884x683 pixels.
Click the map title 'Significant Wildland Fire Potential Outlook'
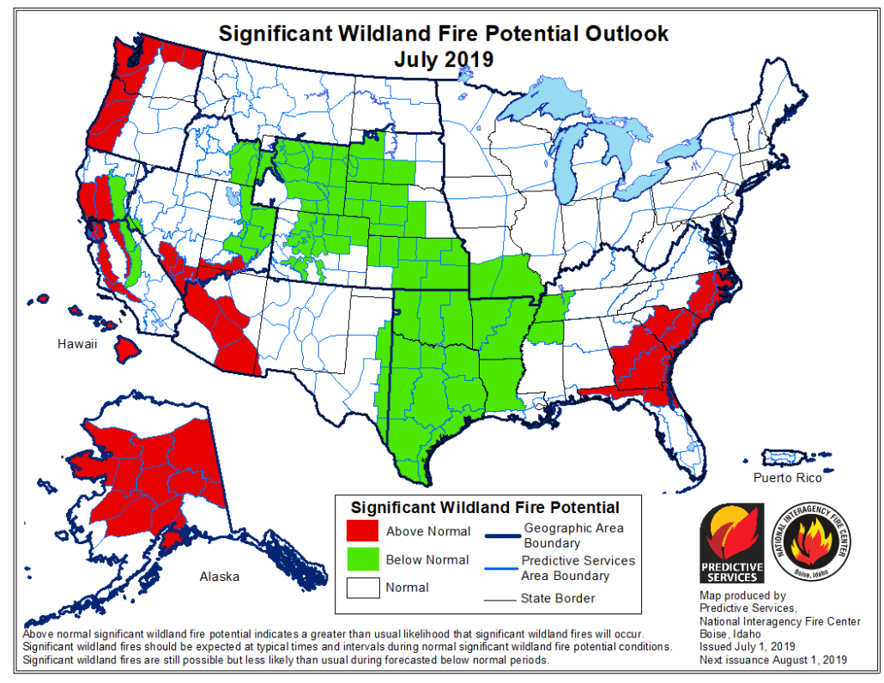(x=443, y=33)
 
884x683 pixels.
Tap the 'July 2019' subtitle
(x=443, y=59)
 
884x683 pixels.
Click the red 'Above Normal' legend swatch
(x=362, y=531)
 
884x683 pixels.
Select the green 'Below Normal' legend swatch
(x=362, y=559)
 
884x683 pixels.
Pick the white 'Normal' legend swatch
(x=362, y=588)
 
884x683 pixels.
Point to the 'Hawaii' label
(x=78, y=344)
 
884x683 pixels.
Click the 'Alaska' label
(x=219, y=577)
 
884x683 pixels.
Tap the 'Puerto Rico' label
(x=787, y=478)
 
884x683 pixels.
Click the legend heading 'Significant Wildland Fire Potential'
(x=485, y=507)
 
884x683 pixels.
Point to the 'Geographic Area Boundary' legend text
(x=572, y=535)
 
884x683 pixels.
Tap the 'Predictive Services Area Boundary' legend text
(x=578, y=567)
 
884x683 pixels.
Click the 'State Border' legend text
(x=557, y=598)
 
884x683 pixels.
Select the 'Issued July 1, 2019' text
(x=747, y=645)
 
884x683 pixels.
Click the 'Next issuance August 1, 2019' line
(x=772, y=659)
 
